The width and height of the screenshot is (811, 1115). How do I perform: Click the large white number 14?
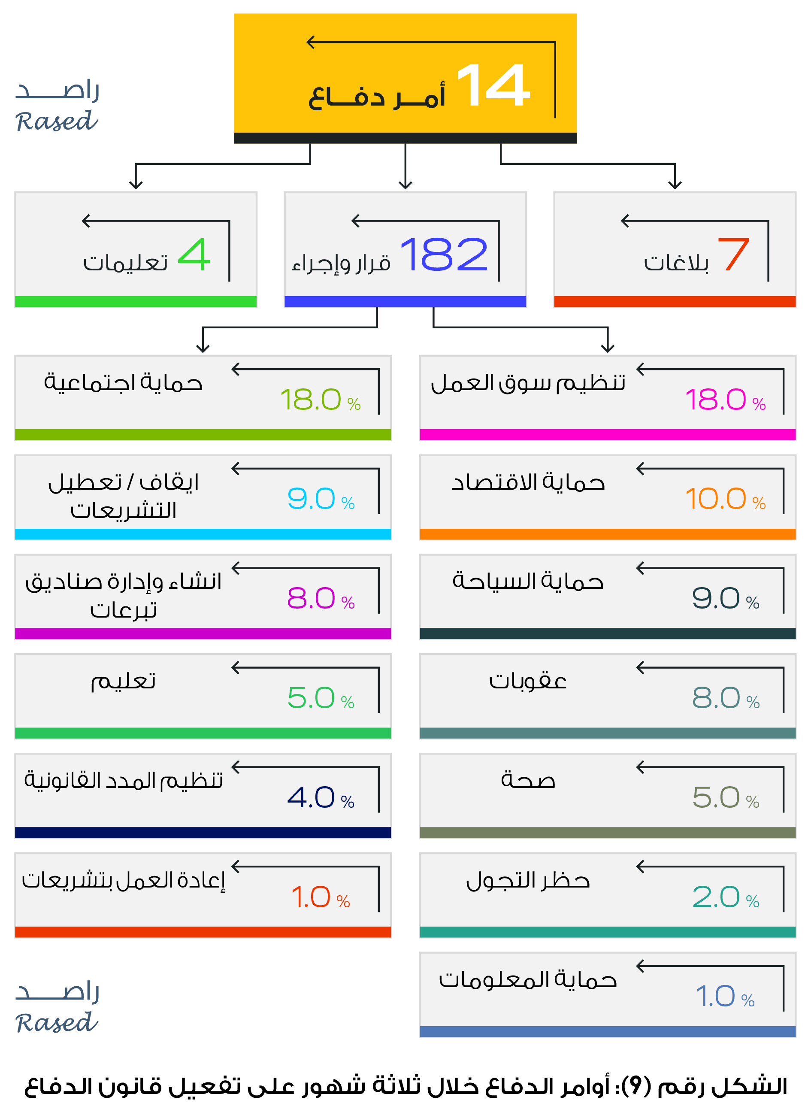click(x=493, y=85)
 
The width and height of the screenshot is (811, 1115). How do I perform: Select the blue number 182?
click(x=444, y=254)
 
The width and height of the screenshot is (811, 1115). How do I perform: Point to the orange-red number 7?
click(x=733, y=254)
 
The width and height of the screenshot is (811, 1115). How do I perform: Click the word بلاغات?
click(x=676, y=263)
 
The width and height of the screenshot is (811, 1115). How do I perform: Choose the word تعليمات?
click(x=125, y=263)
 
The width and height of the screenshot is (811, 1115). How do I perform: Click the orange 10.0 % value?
click(x=725, y=499)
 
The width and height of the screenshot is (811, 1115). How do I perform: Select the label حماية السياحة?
click(x=528, y=582)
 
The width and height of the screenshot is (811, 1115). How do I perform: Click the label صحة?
click(x=528, y=780)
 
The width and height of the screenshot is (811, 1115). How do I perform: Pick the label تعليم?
click(x=124, y=681)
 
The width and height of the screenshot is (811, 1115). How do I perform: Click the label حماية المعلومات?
click(x=528, y=980)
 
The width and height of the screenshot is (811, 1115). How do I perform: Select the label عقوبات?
click(x=528, y=681)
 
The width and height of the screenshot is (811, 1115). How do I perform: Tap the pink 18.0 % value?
click(x=725, y=399)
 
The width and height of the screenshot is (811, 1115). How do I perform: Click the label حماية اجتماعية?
click(x=124, y=382)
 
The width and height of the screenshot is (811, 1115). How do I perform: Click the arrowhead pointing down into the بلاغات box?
click(x=675, y=185)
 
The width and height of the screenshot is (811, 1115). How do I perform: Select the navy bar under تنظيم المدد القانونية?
click(x=203, y=832)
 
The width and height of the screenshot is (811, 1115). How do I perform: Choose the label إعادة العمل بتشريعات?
click(x=124, y=880)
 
